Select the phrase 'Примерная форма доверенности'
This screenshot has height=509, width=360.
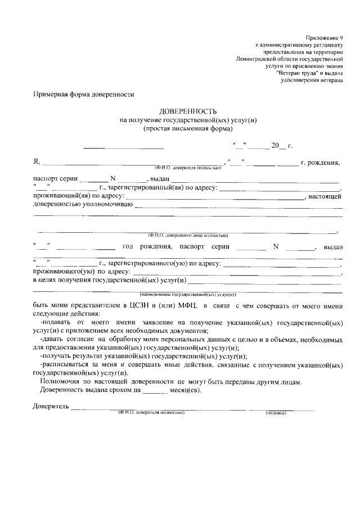(x=84, y=95)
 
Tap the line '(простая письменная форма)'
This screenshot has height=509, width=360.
(x=179, y=128)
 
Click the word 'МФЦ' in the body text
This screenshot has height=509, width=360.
(x=178, y=305)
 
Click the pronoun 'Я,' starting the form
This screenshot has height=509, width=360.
(x=37, y=163)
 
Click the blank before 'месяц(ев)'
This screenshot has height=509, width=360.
(x=156, y=390)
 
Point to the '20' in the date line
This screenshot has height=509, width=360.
(x=275, y=146)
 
